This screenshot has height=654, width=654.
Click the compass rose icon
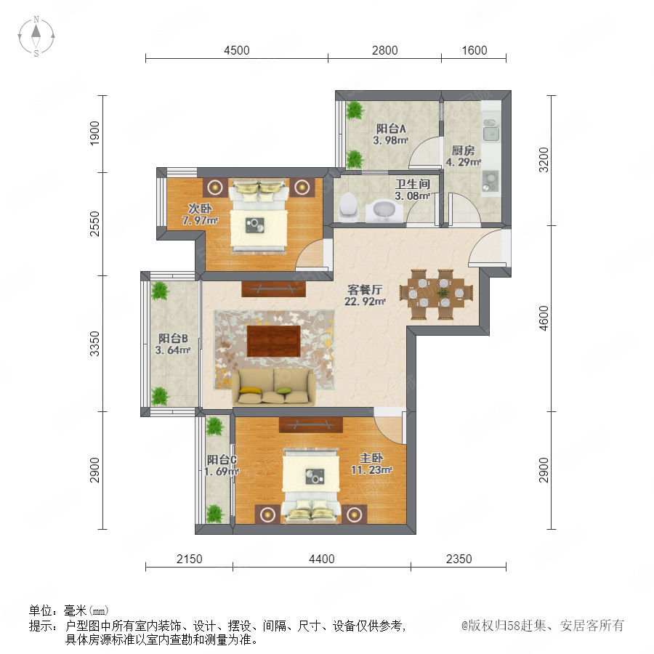pos(36,36)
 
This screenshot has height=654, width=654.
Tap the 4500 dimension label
pos(236,50)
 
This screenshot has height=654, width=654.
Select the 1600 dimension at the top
pos(475,50)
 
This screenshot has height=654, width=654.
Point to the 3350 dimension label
pos(95,344)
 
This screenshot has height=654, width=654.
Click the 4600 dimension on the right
pos(544,318)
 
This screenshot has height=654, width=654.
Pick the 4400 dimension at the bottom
pos(322,559)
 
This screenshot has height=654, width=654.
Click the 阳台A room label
pos(391,129)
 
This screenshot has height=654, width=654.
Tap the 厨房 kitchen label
pos(463,150)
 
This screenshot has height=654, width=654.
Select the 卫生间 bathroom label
pos(413,184)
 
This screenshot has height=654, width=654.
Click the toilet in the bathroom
pos(348,206)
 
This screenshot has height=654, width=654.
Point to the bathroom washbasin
pos(384,210)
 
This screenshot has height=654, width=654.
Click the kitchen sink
pos(491,131)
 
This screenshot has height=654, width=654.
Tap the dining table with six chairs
pos(436,294)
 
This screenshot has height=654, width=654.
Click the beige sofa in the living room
pos(274,387)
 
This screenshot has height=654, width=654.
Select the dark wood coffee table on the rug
pos(274,342)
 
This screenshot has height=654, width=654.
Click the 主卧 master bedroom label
pos(371,458)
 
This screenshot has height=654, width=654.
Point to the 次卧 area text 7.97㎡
pos(201,219)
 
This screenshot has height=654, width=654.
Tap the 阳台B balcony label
pos(173,338)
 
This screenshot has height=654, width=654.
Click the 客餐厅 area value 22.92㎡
pos(365,301)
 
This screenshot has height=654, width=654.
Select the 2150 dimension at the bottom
pos(189,559)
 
